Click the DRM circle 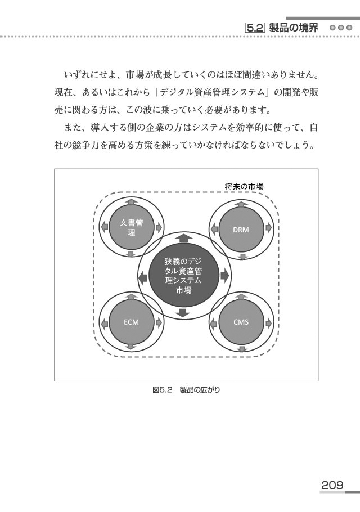241,229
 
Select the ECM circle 131,322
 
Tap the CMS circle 241,322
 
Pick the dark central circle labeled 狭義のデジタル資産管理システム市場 183,276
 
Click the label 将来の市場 244,187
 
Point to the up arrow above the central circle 184,237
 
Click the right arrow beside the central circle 225,276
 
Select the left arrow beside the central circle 142,278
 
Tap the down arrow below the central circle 182,313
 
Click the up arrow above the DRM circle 241,204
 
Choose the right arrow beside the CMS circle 269,324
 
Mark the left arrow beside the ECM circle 104,324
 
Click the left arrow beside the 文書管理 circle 104,226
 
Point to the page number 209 332,484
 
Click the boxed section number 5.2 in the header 255,28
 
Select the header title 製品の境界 294,28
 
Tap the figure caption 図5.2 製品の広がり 186,389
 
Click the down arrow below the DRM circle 241,257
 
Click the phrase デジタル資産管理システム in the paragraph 213,92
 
